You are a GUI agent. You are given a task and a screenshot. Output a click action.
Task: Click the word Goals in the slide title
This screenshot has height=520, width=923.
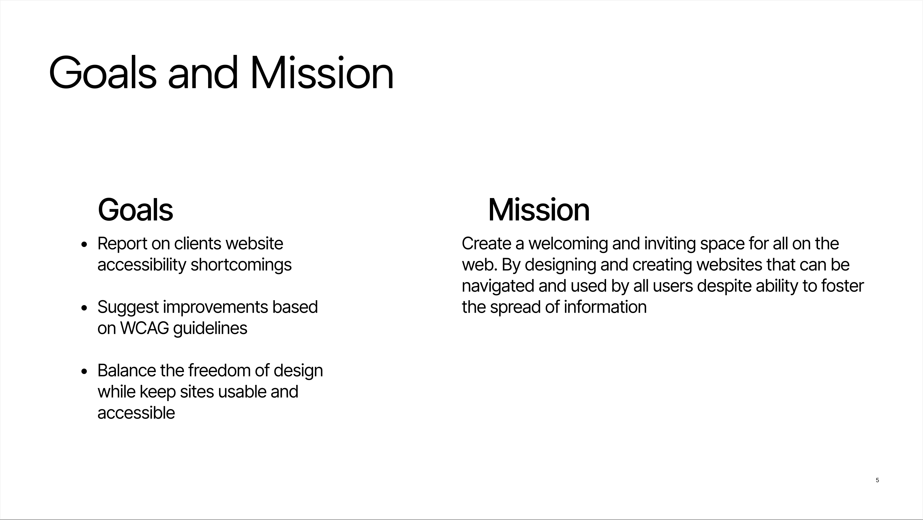103,73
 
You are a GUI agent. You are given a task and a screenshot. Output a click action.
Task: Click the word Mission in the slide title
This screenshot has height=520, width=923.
322,73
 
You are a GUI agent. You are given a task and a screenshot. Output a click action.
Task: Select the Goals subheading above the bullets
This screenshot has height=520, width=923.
135,210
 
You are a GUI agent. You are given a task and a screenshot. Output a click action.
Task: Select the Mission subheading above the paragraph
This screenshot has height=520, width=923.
539,210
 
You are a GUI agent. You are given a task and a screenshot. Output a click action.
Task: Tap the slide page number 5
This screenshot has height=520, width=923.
877,480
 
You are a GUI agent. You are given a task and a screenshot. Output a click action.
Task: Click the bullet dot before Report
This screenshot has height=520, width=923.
84,245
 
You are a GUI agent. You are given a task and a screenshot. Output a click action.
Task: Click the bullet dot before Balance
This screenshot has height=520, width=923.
84,371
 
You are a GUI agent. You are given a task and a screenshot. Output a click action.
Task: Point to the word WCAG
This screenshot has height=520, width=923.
144,328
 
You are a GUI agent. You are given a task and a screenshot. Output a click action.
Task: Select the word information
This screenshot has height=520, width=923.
605,307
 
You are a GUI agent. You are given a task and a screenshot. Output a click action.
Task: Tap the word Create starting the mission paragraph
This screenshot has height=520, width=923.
487,244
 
